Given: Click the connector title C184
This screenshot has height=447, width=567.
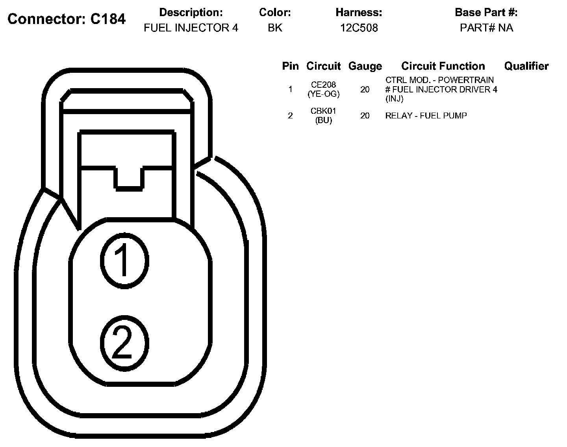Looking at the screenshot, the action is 67,19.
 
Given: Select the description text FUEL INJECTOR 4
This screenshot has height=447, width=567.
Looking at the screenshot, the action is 191,28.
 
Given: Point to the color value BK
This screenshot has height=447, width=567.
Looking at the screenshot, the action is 275,28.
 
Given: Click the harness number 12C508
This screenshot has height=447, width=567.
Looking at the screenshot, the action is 359,28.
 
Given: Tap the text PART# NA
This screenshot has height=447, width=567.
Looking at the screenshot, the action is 486,28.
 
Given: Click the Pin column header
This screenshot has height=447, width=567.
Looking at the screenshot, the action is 290,66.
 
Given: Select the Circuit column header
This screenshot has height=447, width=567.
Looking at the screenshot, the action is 323,66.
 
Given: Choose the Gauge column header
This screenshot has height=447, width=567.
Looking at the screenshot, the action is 365,66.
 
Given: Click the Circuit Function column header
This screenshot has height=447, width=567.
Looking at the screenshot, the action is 443,66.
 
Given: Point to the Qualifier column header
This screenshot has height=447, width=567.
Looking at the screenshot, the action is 526,66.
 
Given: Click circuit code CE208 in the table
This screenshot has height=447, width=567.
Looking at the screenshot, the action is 323,85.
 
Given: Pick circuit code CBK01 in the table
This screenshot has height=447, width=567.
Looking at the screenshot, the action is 323,111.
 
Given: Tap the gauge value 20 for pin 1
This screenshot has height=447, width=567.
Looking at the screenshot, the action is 365,90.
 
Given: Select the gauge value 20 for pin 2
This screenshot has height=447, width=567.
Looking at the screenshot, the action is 365,116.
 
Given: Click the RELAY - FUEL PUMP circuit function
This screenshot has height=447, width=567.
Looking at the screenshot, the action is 426,116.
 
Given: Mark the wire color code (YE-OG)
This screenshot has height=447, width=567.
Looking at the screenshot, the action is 323,94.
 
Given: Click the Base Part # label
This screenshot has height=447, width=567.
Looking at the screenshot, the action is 486,13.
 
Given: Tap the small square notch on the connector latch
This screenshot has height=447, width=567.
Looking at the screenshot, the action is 129,179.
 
